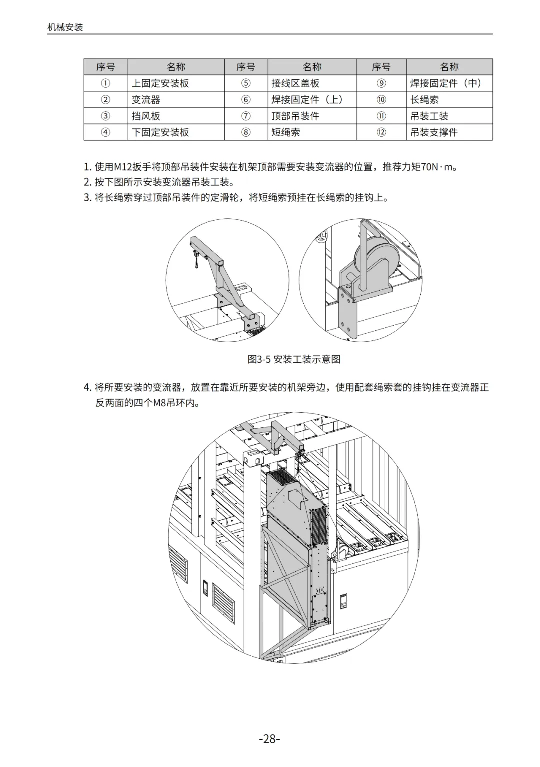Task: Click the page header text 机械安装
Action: [65, 27]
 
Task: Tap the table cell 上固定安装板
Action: [160, 83]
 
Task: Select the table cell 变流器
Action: [146, 100]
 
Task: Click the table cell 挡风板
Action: [146, 116]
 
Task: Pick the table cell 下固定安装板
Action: [160, 132]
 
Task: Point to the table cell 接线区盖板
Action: [295, 83]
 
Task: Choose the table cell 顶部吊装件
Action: [295, 116]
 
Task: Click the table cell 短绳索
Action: [286, 132]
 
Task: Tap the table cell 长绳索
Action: [425, 100]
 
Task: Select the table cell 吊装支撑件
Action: [434, 132]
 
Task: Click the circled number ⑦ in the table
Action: [246, 116]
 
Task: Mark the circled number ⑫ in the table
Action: [381, 132]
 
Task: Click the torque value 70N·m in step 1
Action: [437, 167]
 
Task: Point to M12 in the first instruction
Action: [122, 167]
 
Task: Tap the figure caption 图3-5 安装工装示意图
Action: [294, 359]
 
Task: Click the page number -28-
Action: [269, 739]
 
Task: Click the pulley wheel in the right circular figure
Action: [375, 260]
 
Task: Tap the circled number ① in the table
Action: [106, 83]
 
